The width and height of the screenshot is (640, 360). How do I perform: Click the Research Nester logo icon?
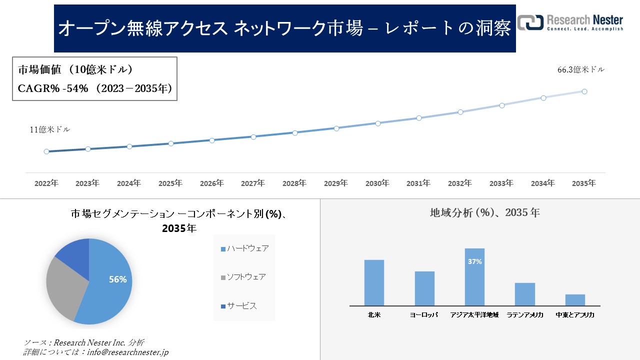click(530, 22)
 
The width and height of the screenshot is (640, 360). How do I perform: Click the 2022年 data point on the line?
click(46, 151)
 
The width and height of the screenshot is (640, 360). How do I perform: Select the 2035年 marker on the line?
click(584, 91)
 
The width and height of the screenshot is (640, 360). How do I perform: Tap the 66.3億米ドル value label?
click(580, 70)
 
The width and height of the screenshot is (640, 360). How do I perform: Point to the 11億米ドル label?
click(49, 129)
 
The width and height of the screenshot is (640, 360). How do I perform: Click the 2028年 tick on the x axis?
click(294, 183)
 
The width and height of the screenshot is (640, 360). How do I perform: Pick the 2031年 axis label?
click(418, 183)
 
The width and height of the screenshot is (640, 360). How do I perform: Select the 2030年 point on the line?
click(378, 123)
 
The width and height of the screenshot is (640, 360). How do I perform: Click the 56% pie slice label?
click(118, 280)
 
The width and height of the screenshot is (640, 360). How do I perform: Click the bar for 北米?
click(374, 282)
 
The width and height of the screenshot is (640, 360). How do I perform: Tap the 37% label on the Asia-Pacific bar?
click(474, 261)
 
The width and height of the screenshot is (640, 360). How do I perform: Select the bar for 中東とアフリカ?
click(575, 300)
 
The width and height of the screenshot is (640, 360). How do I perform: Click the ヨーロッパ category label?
click(424, 315)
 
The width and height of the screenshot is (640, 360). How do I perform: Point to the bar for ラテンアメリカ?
click(525, 294)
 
